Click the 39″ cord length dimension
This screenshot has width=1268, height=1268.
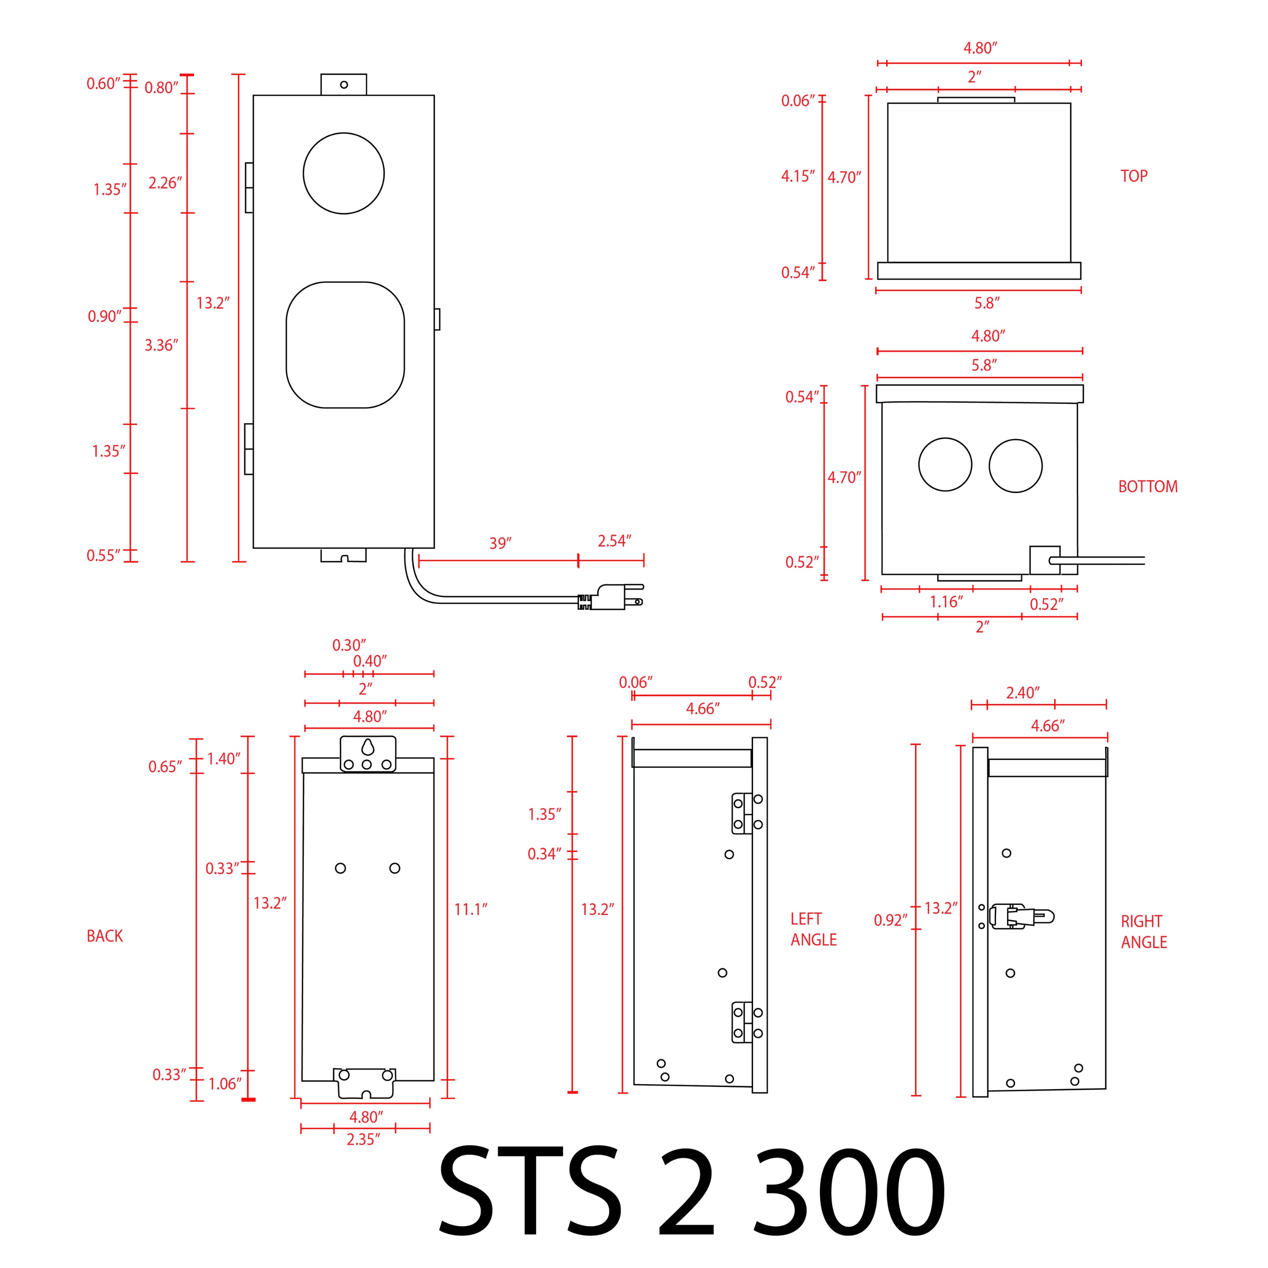tap(500, 543)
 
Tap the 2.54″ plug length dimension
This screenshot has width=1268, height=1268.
tap(614, 541)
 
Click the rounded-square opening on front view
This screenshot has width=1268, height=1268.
tap(345, 345)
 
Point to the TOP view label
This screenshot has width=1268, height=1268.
tap(1134, 176)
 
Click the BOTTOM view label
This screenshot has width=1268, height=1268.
tap(1148, 487)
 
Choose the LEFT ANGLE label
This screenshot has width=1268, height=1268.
tap(813, 929)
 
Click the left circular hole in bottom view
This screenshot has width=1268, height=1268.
tap(945, 465)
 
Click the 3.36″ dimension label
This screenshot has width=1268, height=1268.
tap(161, 345)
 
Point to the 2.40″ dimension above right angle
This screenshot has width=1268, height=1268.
tap(1023, 693)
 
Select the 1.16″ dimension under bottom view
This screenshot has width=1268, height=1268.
tap(946, 602)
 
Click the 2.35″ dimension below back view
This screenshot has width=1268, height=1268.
tap(363, 1139)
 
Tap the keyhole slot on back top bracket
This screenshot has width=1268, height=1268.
tap(368, 747)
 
